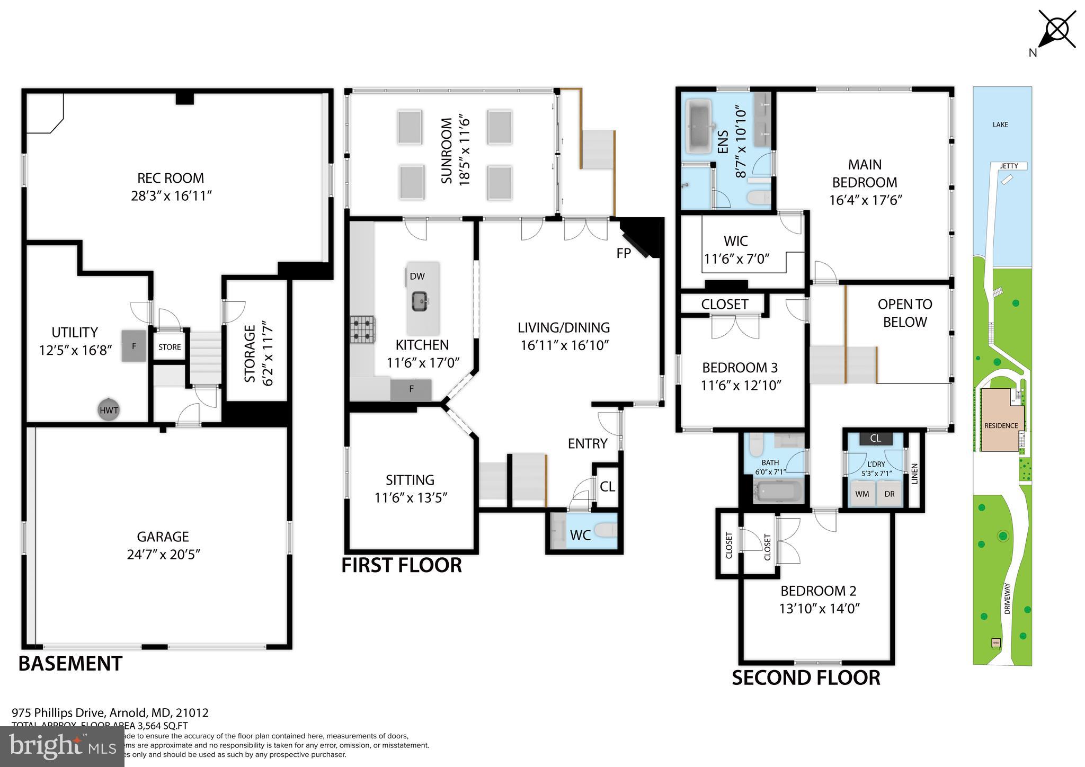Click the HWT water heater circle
tap(109, 410)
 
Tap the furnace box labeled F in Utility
tap(134, 346)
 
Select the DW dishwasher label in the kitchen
tap(417, 276)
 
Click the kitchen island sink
tap(422, 302)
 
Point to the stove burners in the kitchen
tap(363, 329)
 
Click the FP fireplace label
tap(624, 254)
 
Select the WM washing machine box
tap(862, 494)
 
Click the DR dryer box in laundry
tap(890, 494)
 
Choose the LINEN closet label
tap(914, 474)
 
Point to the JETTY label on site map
tap(1009, 166)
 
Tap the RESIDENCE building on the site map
tap(1000, 421)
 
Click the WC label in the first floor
tap(580, 535)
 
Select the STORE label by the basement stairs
tap(170, 347)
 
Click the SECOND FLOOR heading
tap(806, 678)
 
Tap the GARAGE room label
tap(163, 537)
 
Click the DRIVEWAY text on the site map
tap(1007, 599)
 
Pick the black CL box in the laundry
tap(875, 438)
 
